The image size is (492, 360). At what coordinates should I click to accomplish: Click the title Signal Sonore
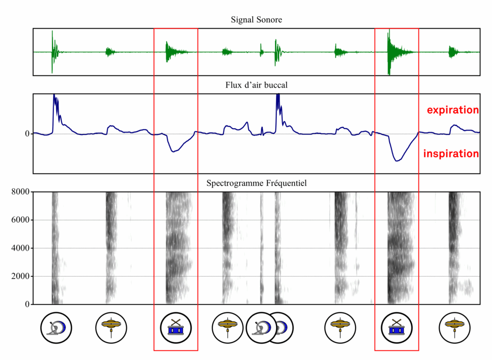pos(256,20)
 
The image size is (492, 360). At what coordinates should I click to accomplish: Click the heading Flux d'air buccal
pos(256,85)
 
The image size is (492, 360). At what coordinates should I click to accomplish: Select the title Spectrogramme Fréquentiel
pos(256,183)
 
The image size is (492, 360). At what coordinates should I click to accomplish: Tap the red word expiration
pos(453,110)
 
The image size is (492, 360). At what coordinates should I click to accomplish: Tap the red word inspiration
pos(451,154)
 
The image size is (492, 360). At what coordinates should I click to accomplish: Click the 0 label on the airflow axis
pos(27,133)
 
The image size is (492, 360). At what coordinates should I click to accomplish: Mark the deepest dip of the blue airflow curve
pos(397,161)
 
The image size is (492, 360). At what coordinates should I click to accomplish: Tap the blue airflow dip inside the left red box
pos(174,151)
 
